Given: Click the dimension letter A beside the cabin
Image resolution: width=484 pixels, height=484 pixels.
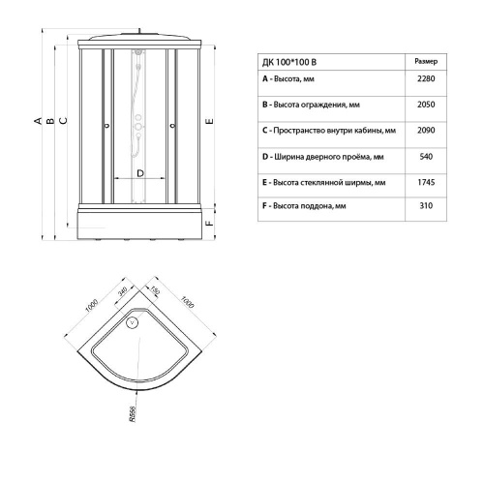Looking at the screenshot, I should pyautogui.click(x=39, y=120).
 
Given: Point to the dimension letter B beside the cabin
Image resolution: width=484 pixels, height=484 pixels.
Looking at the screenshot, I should pyautogui.click(x=50, y=120).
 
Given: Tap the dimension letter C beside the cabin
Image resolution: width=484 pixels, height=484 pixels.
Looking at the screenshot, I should pyautogui.click(x=62, y=120).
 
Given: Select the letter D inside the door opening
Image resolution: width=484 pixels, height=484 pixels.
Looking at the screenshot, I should pyautogui.click(x=140, y=172).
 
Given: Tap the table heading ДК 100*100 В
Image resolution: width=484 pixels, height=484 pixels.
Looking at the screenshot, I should pyautogui.click(x=295, y=59).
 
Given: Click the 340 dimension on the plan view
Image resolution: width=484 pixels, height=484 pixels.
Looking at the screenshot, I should pyautogui.click(x=122, y=292).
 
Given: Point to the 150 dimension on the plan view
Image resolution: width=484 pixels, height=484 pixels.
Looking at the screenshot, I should pyautogui.click(x=152, y=290).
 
